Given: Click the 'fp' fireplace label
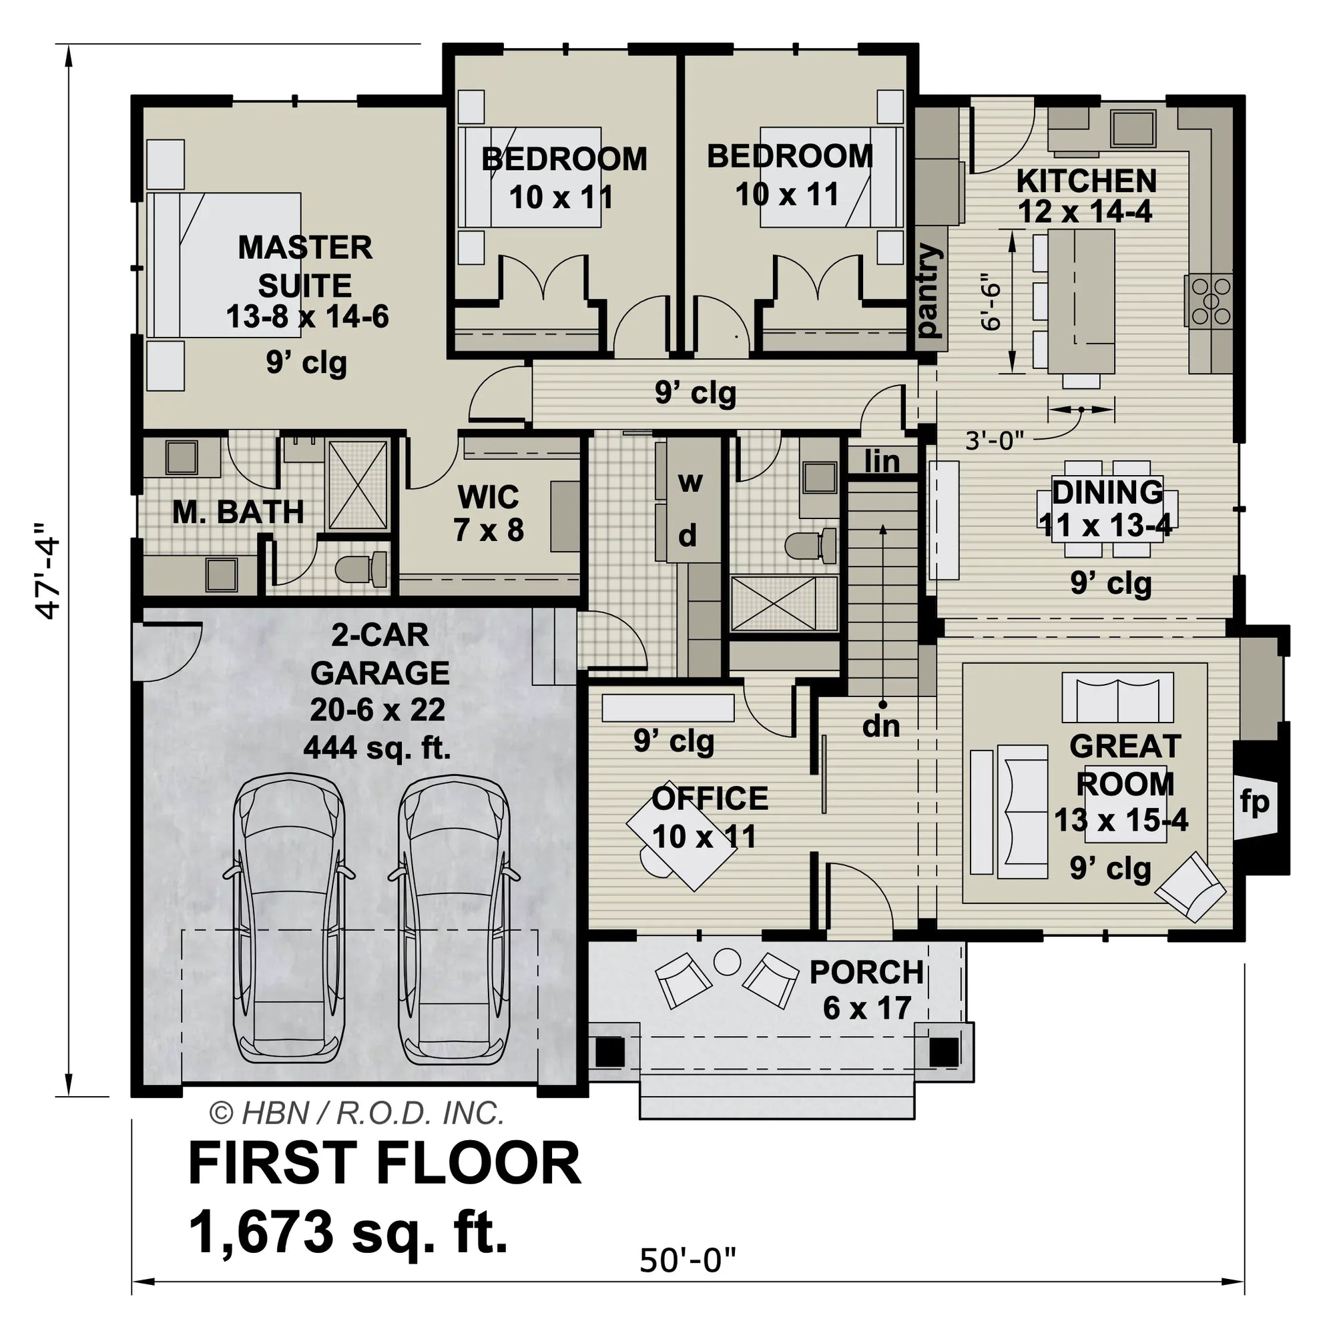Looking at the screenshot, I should [1254, 802].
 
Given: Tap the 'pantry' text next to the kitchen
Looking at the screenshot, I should [928, 291].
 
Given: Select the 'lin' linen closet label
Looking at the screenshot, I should [882, 461].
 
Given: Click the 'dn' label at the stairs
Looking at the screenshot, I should [881, 726].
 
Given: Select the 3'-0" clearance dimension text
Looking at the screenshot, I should [995, 440].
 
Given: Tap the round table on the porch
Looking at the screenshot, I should [728, 962].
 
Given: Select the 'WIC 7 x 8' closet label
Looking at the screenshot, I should [488, 514].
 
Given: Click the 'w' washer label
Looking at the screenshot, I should [689, 481].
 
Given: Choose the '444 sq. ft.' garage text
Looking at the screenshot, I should [377, 748].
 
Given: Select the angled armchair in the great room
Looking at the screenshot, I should [1189, 887].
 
